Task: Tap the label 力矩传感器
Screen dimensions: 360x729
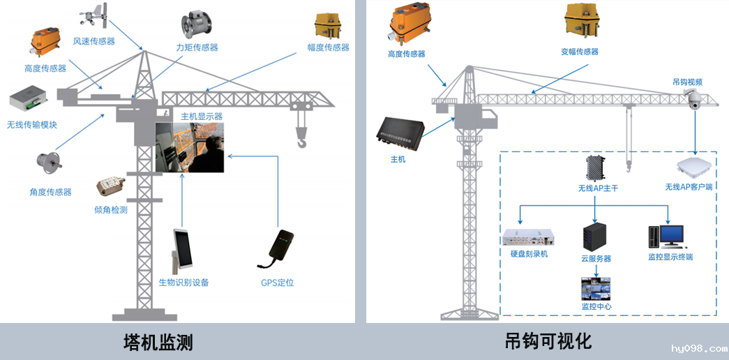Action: [197, 47]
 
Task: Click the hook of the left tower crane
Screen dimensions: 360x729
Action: [302, 142]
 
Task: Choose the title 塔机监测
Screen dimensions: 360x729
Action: [158, 342]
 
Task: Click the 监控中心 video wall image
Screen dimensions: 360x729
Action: [596, 288]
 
